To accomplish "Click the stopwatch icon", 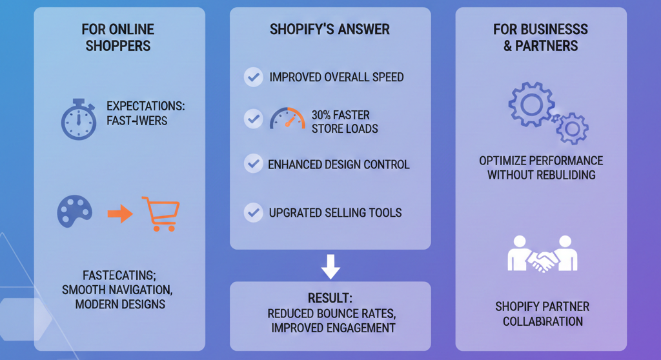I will tap(78, 119).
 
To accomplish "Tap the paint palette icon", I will tap(75, 212).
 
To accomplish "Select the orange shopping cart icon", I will tap(160, 214).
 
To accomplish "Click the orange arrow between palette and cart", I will tap(119, 214).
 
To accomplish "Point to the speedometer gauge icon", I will tap(287, 120).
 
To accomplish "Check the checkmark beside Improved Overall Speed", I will tap(252, 77).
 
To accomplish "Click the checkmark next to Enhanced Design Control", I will tap(252, 164).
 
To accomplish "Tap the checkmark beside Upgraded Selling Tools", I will tap(252, 212).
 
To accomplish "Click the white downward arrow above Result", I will tap(330, 266).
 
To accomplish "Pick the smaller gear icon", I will tap(571, 128).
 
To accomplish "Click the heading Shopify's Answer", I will tap(330, 30).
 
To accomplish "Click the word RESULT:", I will tap(330, 299).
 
